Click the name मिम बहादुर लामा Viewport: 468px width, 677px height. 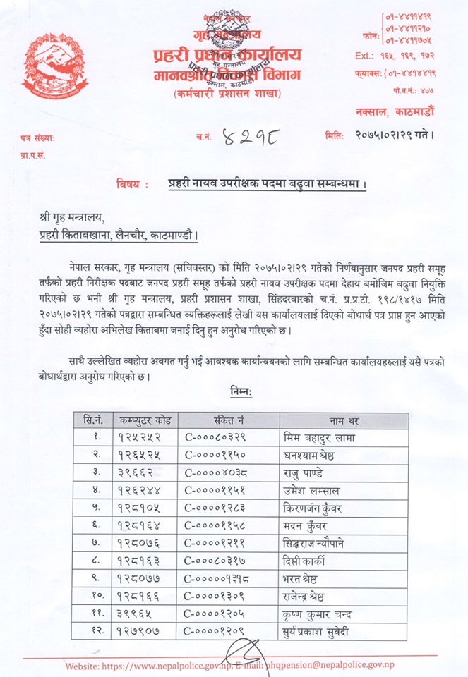tap(318, 437)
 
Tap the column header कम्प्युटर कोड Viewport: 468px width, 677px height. tap(145, 420)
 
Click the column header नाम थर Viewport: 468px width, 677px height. tap(344, 420)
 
